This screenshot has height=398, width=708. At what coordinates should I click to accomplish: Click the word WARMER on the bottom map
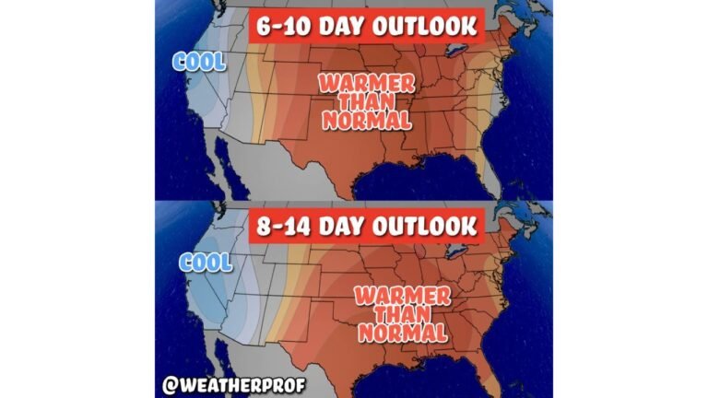pyautogui.click(x=401, y=297)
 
